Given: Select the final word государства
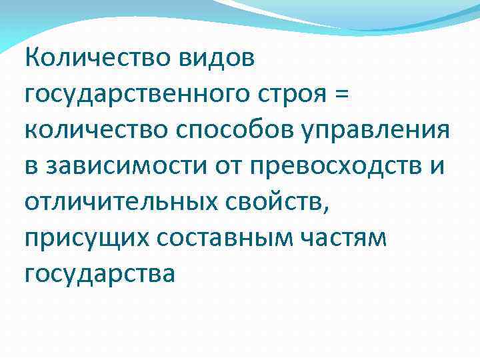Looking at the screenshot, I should coord(99,273).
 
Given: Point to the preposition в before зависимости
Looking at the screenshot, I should coord(31,166).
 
